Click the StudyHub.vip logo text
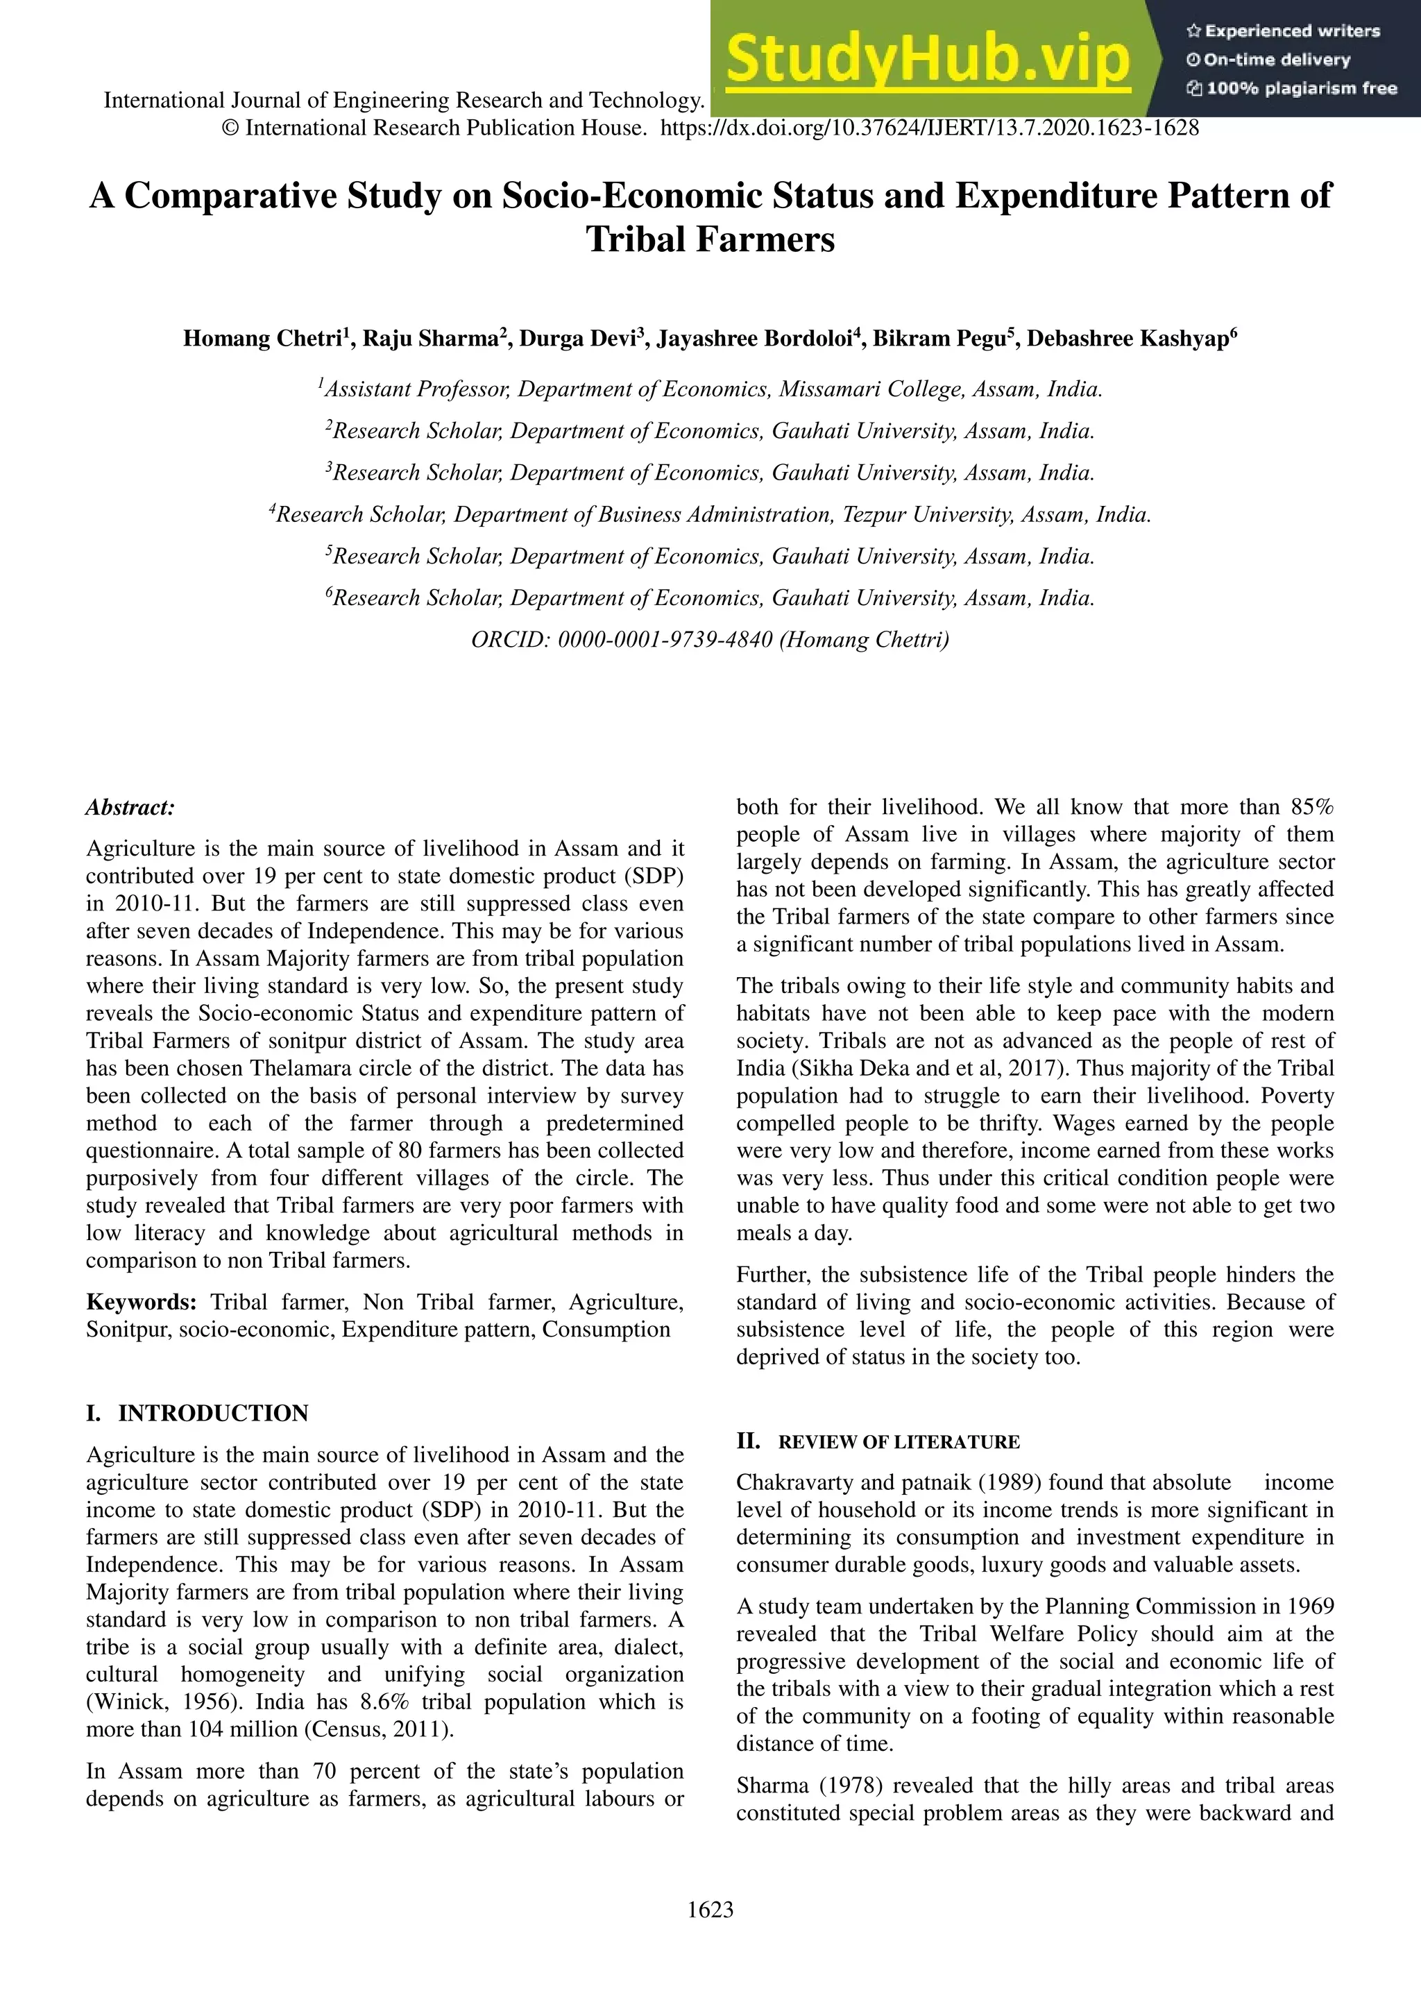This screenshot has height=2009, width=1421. [x=928, y=60]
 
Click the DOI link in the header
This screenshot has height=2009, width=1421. [x=929, y=128]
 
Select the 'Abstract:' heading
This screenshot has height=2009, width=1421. [x=130, y=808]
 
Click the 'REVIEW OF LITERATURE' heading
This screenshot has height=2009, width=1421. [x=899, y=1442]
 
